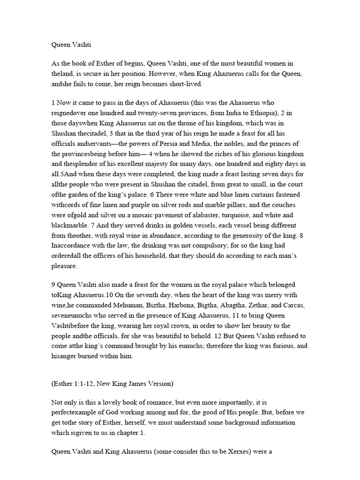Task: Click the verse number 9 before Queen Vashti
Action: (x=53, y=285)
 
